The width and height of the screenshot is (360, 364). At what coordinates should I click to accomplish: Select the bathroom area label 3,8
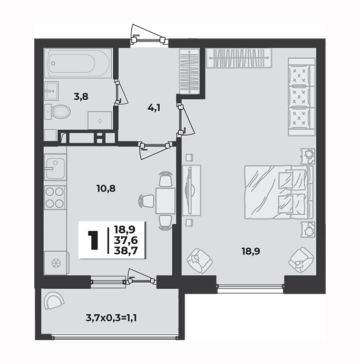pos(81,97)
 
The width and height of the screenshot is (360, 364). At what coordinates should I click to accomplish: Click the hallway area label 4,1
pos(154,108)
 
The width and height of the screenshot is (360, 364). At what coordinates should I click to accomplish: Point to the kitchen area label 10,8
pos(106,188)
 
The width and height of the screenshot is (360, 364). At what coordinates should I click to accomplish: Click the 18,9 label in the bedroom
pos(251,251)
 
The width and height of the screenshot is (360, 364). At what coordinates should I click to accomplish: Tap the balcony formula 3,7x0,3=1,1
pos(111,318)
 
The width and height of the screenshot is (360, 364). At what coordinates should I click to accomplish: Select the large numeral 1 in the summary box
pos(94,240)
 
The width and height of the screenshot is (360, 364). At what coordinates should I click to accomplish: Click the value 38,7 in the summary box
pos(126,251)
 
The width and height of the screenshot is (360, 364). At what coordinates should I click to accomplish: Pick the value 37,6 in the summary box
pos(126,240)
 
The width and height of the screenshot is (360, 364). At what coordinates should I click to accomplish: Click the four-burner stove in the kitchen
pos(55,197)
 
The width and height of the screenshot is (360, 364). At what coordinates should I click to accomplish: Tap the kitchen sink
pos(55,168)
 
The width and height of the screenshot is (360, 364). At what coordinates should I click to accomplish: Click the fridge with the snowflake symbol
pos(56,263)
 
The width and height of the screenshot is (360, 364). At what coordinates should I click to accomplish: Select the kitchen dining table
pos(165,201)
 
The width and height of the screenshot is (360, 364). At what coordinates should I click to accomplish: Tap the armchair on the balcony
pos(54,301)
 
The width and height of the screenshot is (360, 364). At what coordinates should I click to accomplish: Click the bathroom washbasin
pos(51,91)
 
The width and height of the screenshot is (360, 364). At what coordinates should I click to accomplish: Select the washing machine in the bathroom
pos(100,120)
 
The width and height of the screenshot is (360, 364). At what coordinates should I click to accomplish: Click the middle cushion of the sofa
pos(299,97)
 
